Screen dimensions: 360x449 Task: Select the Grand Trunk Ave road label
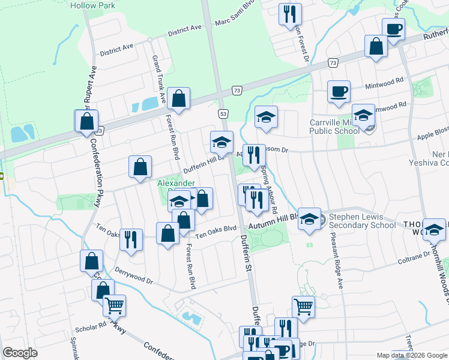coord(158,77)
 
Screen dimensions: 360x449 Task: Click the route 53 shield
coord(223,113)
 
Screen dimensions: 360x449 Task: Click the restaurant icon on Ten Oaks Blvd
coord(130,239)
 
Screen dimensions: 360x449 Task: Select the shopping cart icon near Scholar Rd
coord(115,305)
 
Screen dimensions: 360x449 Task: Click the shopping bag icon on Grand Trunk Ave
coord(178,98)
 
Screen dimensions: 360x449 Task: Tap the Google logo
coord(20,353)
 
